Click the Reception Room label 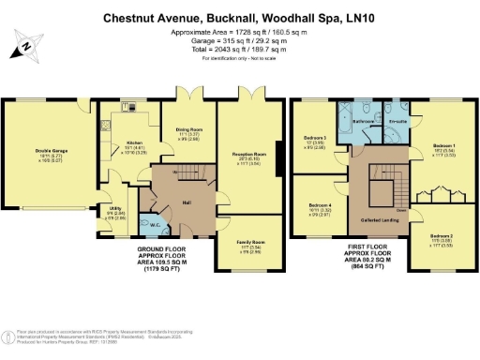(x=248, y=153)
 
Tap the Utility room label (x=113, y=209)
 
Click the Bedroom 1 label (x=444, y=145)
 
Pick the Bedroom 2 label (x=442, y=235)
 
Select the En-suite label (x=397, y=122)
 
